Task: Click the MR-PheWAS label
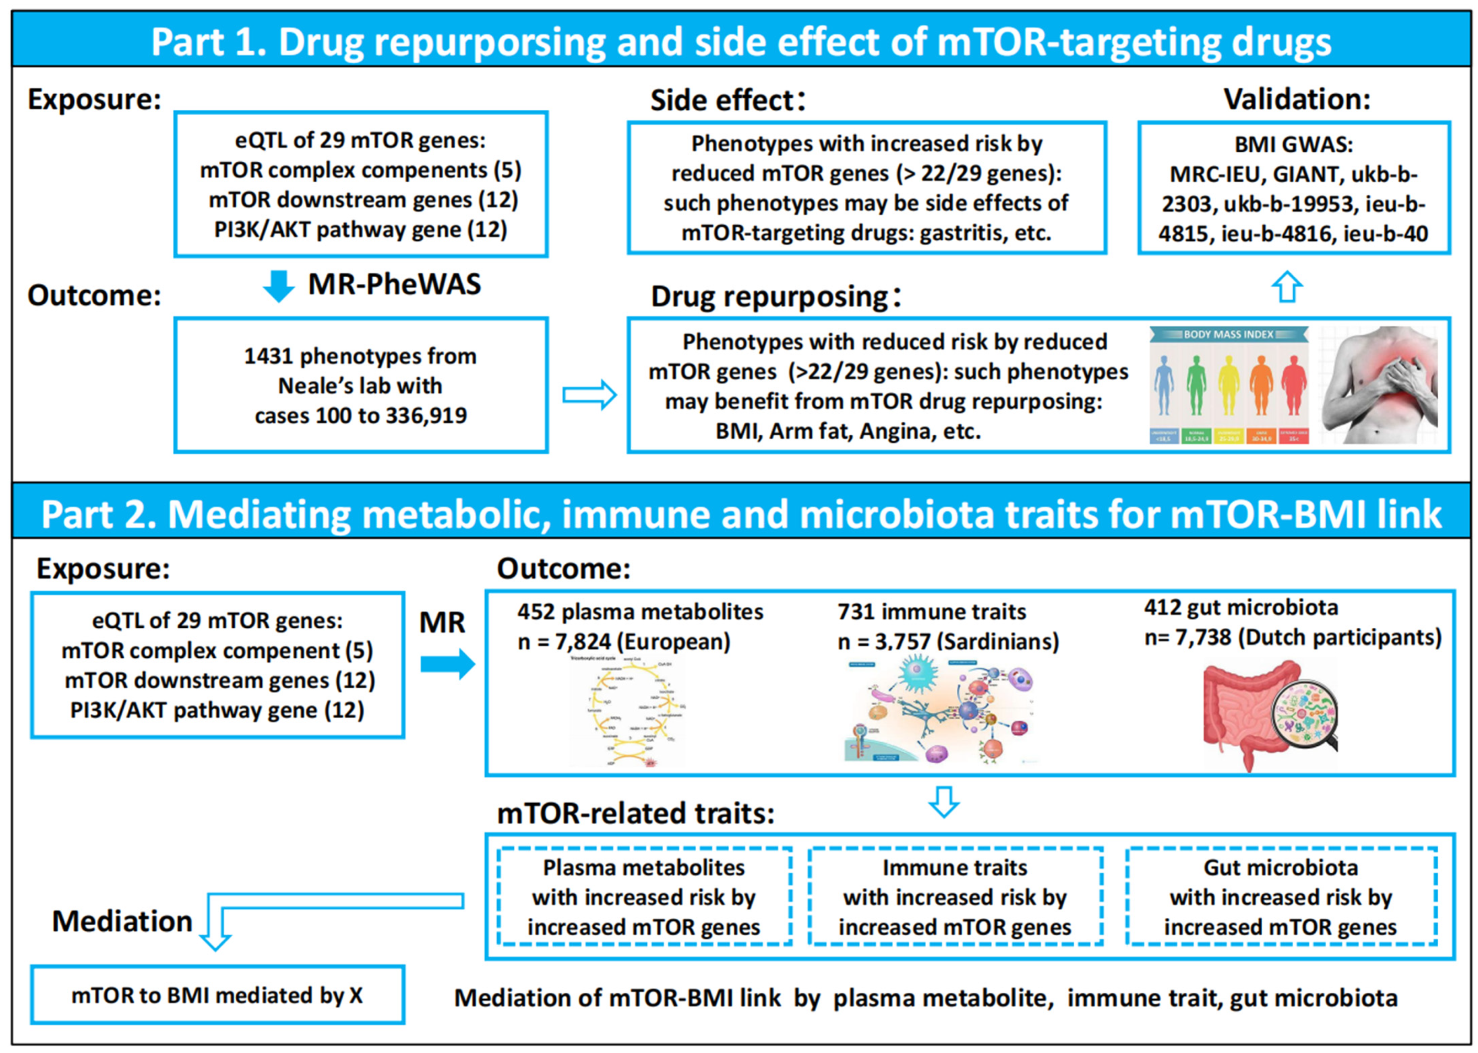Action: pyautogui.click(x=394, y=284)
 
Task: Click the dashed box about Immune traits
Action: pyautogui.click(x=955, y=897)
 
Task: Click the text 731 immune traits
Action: pyautogui.click(x=931, y=611)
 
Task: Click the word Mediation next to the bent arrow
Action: pyautogui.click(x=122, y=921)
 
